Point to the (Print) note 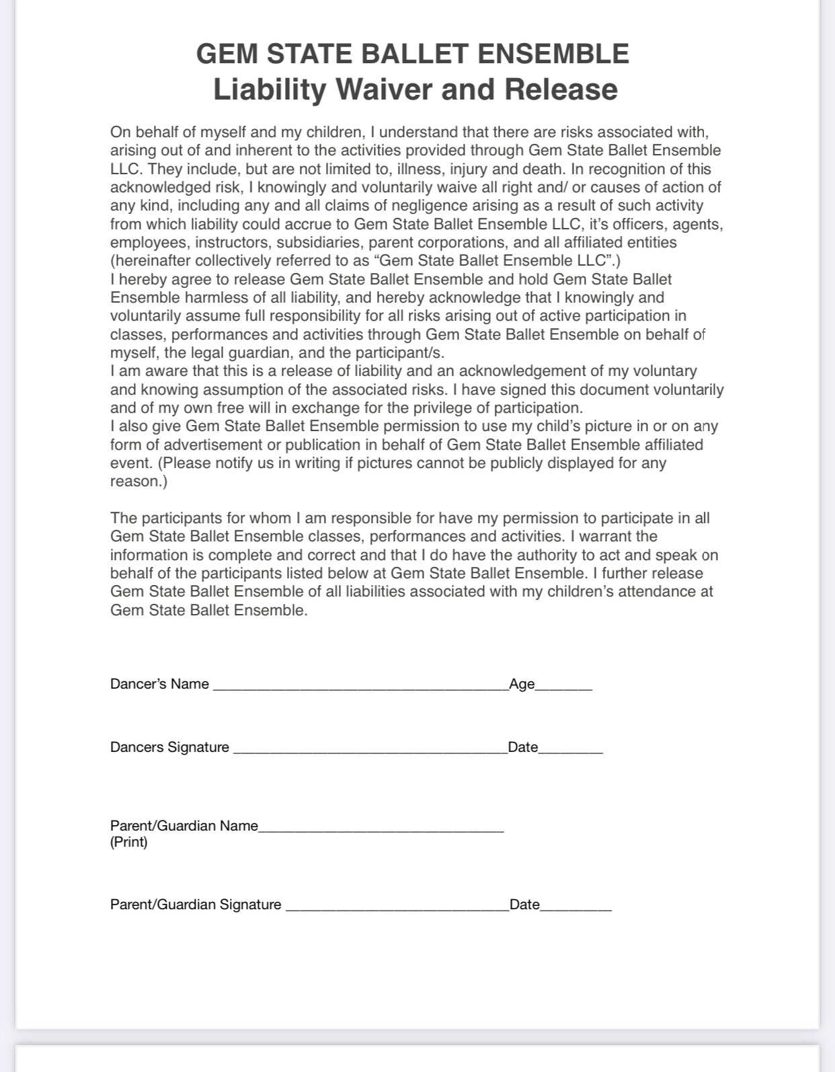[129, 843]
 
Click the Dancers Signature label [169, 747]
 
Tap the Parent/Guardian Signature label [196, 905]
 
